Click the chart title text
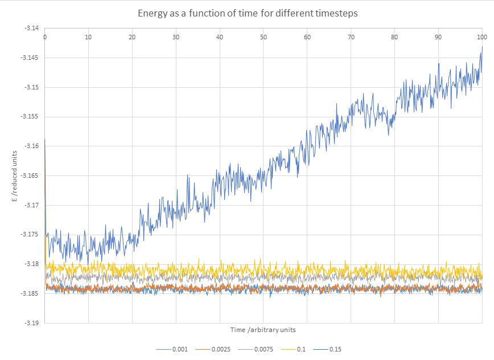(x=248, y=13)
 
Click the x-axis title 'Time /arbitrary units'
(x=263, y=330)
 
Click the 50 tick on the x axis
(x=264, y=37)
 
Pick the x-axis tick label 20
(x=132, y=37)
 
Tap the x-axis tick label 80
(x=394, y=37)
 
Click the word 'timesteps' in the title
(x=336, y=13)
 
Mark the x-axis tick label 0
(x=45, y=37)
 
